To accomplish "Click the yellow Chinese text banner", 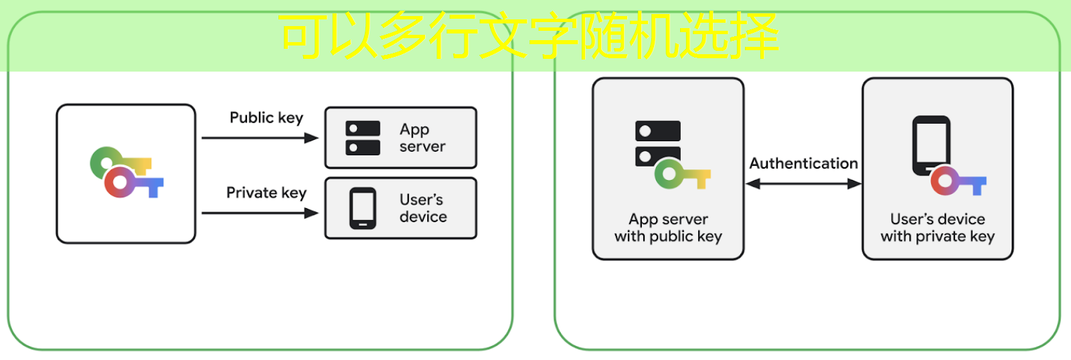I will pos(529,35).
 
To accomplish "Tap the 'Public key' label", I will pos(266,118).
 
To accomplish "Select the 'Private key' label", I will pos(266,193).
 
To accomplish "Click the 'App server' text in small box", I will pos(422,138).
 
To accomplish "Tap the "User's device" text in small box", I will pos(423,208).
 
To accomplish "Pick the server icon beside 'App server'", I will pos(363,138).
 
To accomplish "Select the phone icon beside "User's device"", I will pos(363,208).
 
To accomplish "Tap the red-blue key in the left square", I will pos(134,182).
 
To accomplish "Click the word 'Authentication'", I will pos(803,163).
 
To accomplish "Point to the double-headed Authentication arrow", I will pos(803,184).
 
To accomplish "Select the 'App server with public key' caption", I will pos(668,228).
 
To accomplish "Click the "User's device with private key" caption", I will pos(937,228).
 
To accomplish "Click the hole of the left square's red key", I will pos(120,182).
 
